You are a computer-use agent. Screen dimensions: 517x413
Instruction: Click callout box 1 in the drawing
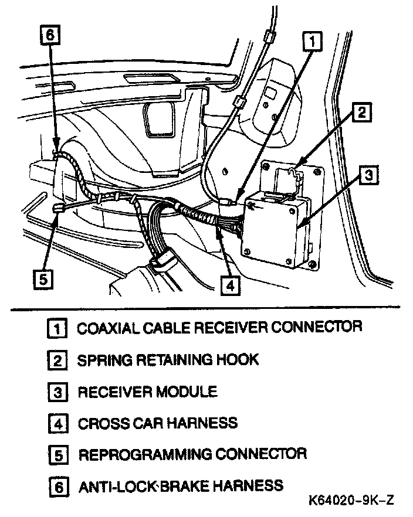tap(313, 42)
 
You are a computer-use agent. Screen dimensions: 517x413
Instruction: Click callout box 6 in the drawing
tap(50, 35)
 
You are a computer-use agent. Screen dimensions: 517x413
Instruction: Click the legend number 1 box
tap(56, 328)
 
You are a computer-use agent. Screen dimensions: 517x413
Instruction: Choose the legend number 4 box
tap(56, 423)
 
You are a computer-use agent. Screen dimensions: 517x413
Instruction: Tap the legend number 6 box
tap(56, 487)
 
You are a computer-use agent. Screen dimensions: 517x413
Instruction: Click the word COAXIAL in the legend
tap(106, 327)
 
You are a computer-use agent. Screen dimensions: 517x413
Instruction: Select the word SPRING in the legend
tap(101, 359)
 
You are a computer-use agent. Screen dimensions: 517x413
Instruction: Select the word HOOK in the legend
tap(239, 359)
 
